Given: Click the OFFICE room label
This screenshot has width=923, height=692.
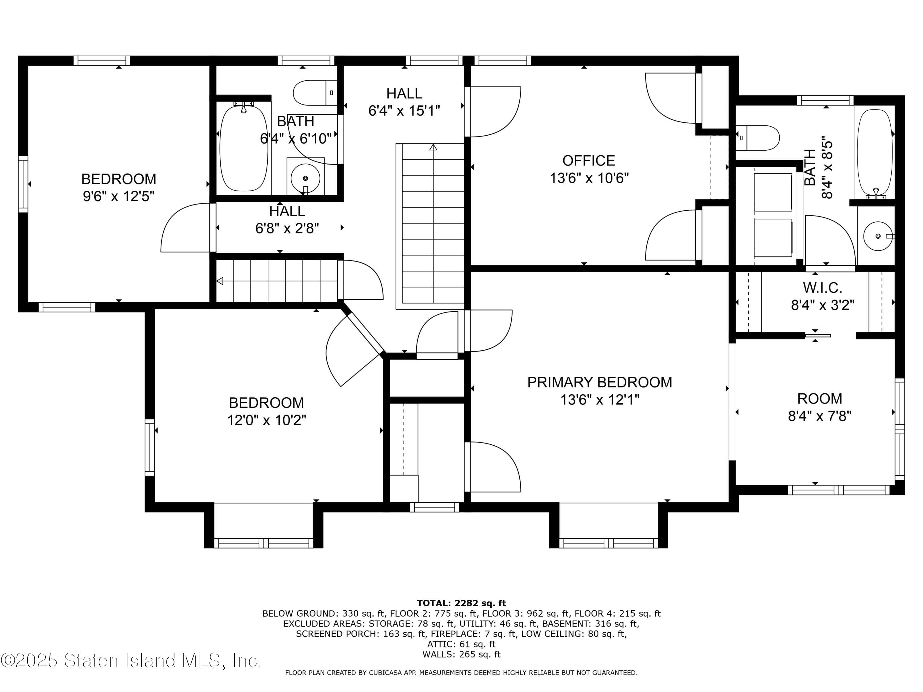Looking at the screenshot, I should pos(588,161).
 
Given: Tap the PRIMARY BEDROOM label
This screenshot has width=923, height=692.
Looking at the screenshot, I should pos(599,382).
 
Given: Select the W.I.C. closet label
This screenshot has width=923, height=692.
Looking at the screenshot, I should pos(822,288).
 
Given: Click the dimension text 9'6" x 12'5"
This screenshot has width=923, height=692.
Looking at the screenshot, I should pos(118,196).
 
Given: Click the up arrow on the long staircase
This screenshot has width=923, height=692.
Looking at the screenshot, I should pos(433,147).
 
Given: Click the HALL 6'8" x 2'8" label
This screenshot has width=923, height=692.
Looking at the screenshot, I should pos(287,211).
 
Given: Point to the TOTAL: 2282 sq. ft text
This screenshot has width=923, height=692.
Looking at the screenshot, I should pos(461,603).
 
